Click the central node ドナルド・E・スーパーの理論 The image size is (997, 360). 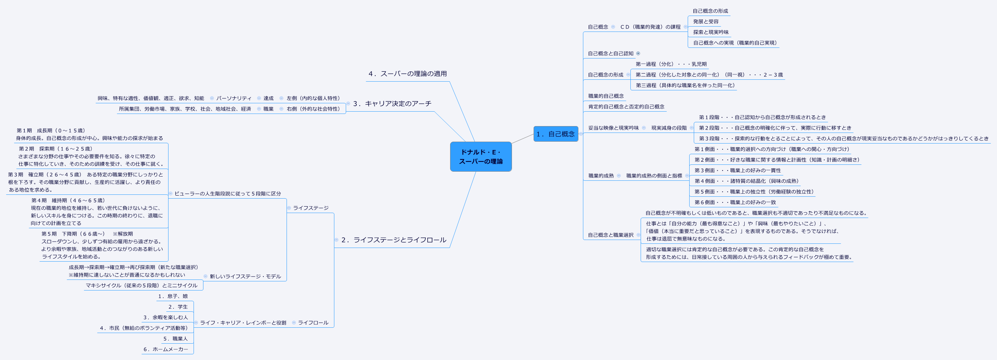[481, 157]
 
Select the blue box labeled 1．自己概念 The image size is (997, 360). [555, 134]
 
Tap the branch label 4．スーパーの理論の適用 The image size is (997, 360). [408, 74]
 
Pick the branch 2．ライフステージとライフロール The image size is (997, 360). [394, 240]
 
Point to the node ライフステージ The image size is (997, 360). [310, 208]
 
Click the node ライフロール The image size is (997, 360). [313, 323]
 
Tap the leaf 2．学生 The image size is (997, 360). [178, 307]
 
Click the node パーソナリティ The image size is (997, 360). [234, 98]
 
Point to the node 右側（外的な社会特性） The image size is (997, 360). [313, 109]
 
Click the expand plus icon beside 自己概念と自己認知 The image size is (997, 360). [638, 54]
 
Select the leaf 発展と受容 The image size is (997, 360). [706, 22]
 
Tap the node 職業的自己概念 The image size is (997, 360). [606, 96]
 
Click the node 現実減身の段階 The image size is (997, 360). [669, 128]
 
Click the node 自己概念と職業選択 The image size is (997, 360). [610, 235]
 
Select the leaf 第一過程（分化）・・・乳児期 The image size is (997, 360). [671, 64]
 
